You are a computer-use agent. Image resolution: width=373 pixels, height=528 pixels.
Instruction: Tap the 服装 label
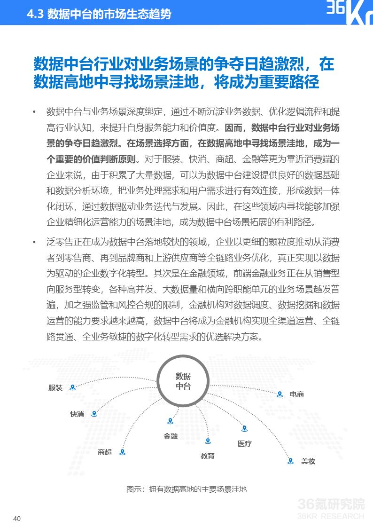coord(55,388)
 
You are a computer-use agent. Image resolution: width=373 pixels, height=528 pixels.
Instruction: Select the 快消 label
coord(77,414)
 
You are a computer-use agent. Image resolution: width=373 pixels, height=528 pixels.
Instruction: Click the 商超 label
coord(105,452)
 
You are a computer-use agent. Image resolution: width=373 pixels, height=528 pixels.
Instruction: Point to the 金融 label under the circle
coord(171,436)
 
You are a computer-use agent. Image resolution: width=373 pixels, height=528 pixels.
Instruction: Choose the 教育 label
coord(208,456)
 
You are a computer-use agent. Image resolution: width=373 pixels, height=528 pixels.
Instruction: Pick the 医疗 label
coord(245,443)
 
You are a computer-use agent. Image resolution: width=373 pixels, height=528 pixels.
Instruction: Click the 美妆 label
coord(308,461)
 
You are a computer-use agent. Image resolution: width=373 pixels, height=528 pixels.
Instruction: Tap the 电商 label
coord(297,394)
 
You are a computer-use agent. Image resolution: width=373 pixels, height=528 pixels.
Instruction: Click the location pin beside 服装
coord(72,387)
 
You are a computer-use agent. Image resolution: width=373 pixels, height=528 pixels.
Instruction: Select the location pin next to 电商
coord(280,394)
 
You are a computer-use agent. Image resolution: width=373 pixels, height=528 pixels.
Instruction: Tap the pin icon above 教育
coord(208,441)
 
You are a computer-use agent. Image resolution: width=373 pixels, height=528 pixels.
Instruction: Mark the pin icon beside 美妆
coord(291,461)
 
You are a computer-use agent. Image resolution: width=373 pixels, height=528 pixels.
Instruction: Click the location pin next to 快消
coord(94,414)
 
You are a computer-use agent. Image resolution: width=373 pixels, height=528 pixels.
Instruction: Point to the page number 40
coord(17,519)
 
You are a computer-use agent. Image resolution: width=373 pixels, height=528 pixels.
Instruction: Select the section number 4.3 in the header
coord(35,14)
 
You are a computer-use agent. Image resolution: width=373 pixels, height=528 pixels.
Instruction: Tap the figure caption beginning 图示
coord(186,489)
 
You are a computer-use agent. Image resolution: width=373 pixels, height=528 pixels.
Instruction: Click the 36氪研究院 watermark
coord(331,504)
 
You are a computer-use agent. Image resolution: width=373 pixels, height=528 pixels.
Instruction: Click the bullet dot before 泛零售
coord(34,242)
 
